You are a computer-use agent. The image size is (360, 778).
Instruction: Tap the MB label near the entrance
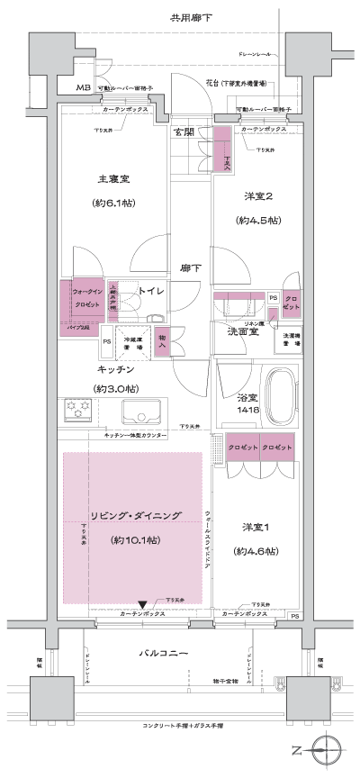[x=83, y=88]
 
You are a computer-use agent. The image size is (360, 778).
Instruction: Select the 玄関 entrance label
[x=184, y=131]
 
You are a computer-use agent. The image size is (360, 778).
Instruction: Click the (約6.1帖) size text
[x=113, y=203]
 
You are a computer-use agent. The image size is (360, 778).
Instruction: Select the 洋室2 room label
[x=257, y=195]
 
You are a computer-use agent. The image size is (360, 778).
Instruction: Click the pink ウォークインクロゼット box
[x=85, y=299]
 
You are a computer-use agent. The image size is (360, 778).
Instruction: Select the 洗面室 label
[x=243, y=330]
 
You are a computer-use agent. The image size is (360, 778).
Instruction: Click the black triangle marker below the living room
[x=142, y=603]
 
